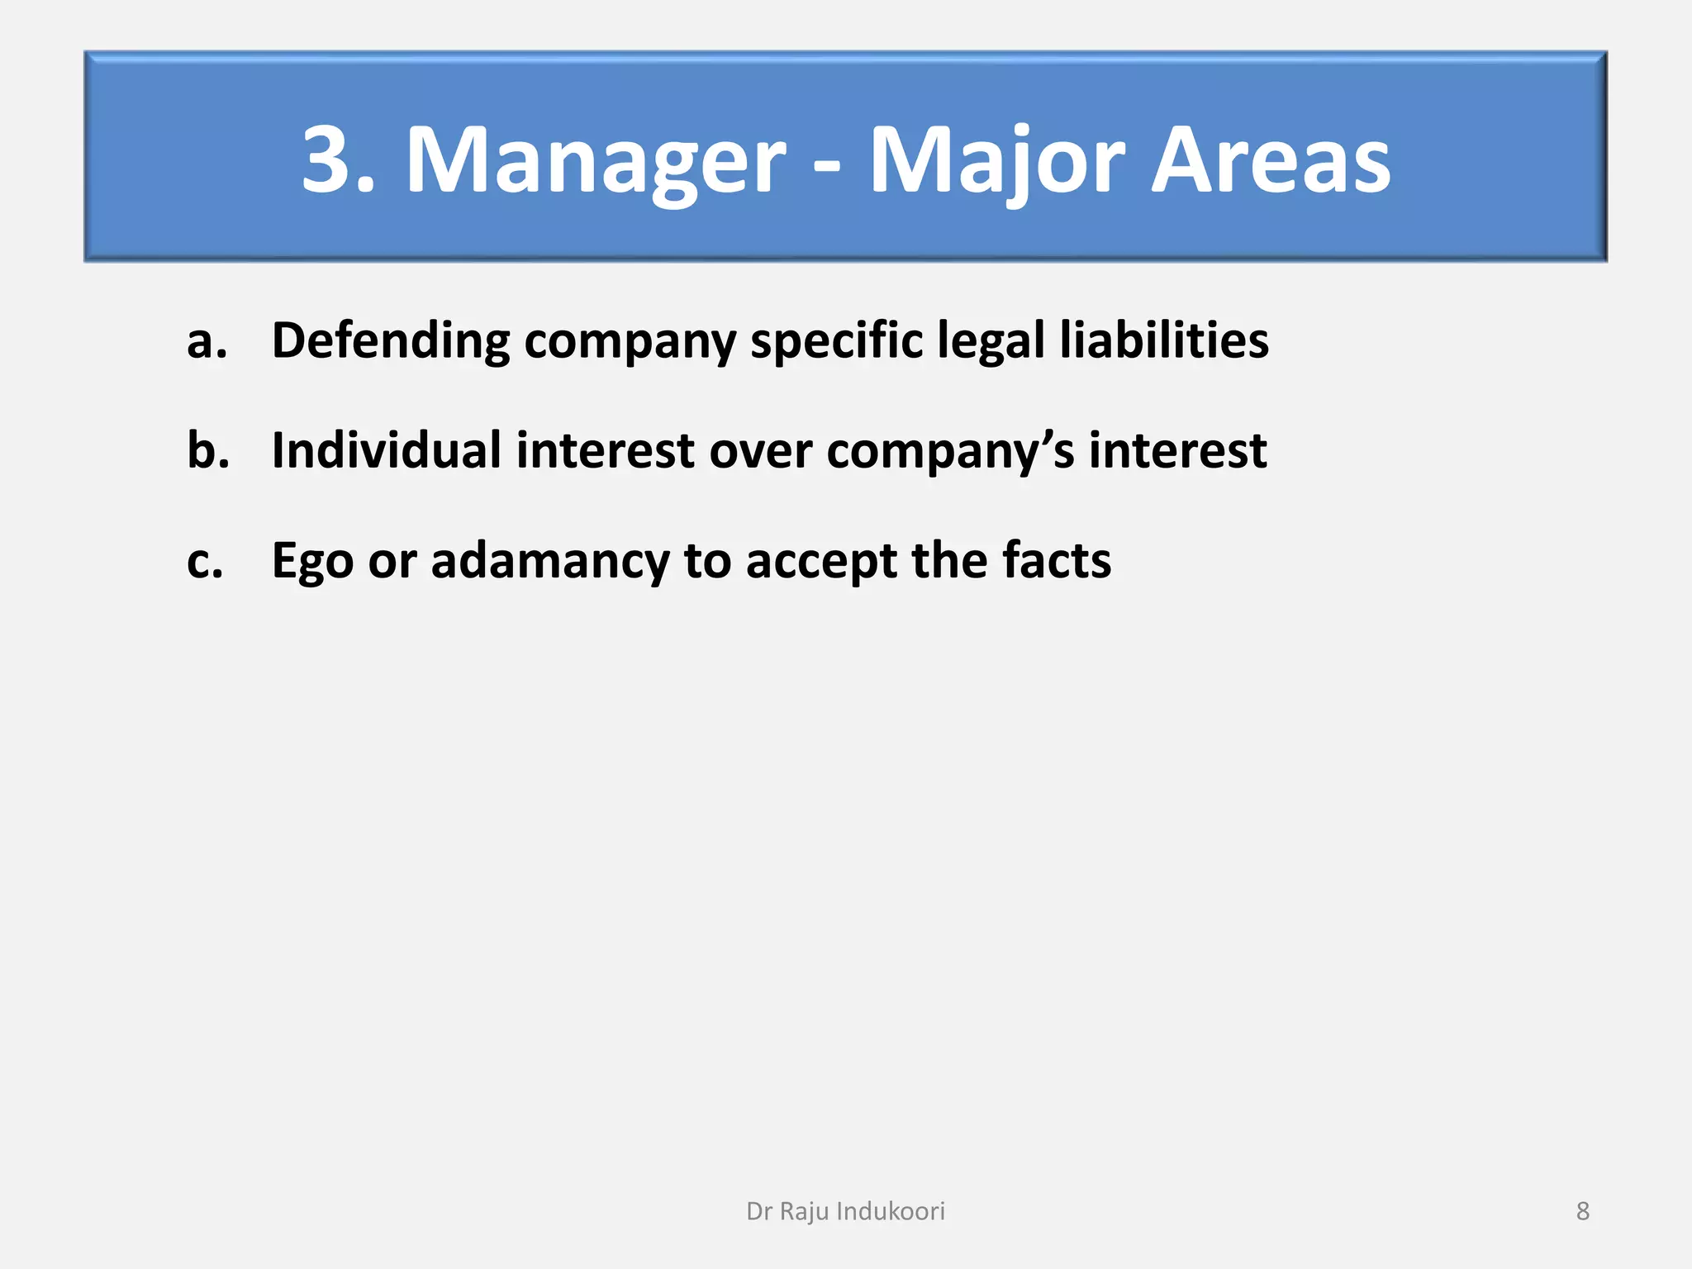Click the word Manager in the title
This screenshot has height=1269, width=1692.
(595, 161)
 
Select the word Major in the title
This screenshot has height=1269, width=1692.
(996, 161)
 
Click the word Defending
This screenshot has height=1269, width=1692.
(390, 341)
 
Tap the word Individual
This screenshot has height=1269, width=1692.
(386, 450)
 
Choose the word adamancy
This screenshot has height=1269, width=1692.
(549, 562)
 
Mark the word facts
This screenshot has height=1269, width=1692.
(1057, 560)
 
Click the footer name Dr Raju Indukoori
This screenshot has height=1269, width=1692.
(845, 1211)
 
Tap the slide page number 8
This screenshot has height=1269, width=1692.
(1582, 1211)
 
